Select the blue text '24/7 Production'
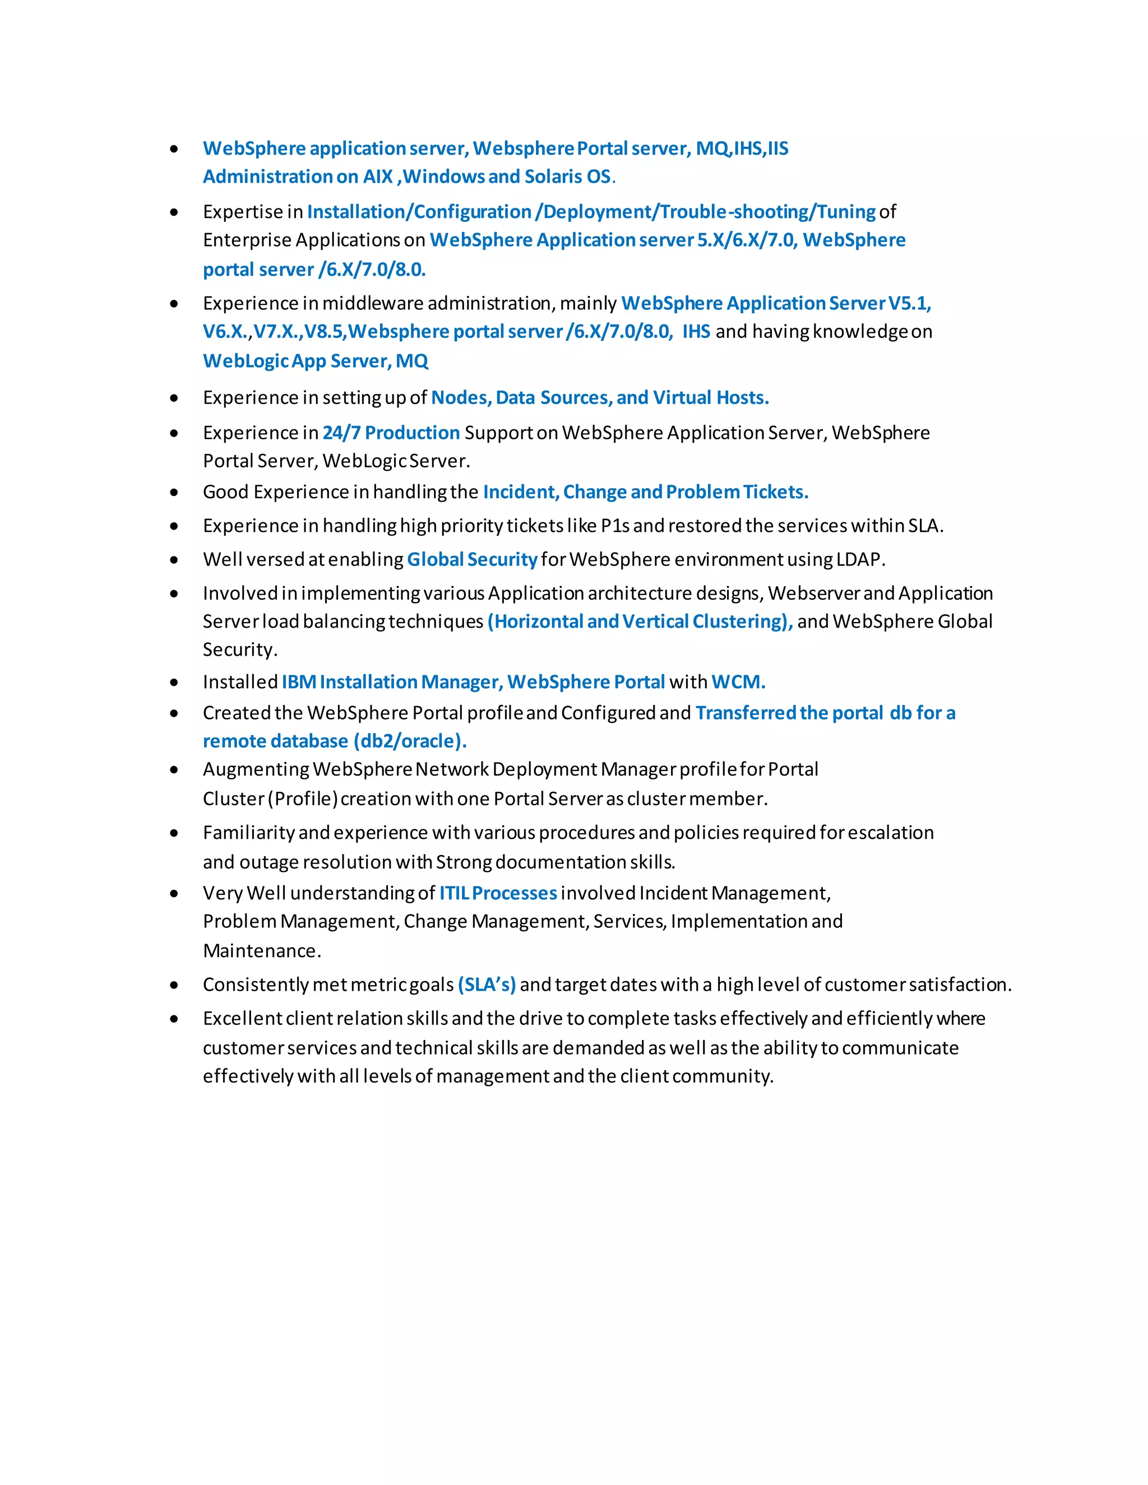[x=391, y=433]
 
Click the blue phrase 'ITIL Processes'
[x=498, y=893]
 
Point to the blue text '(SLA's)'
[x=486, y=985]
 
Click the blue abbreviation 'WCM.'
[x=738, y=681]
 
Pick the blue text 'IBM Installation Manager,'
[x=392, y=681]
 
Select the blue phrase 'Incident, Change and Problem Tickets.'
[x=645, y=491]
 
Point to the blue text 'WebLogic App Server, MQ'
[x=316, y=361]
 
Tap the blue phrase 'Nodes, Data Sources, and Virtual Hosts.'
[x=600, y=397]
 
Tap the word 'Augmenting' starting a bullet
[x=256, y=769]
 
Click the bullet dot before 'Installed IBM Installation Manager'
[x=174, y=682]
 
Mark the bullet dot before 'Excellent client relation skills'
[x=174, y=1019]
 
